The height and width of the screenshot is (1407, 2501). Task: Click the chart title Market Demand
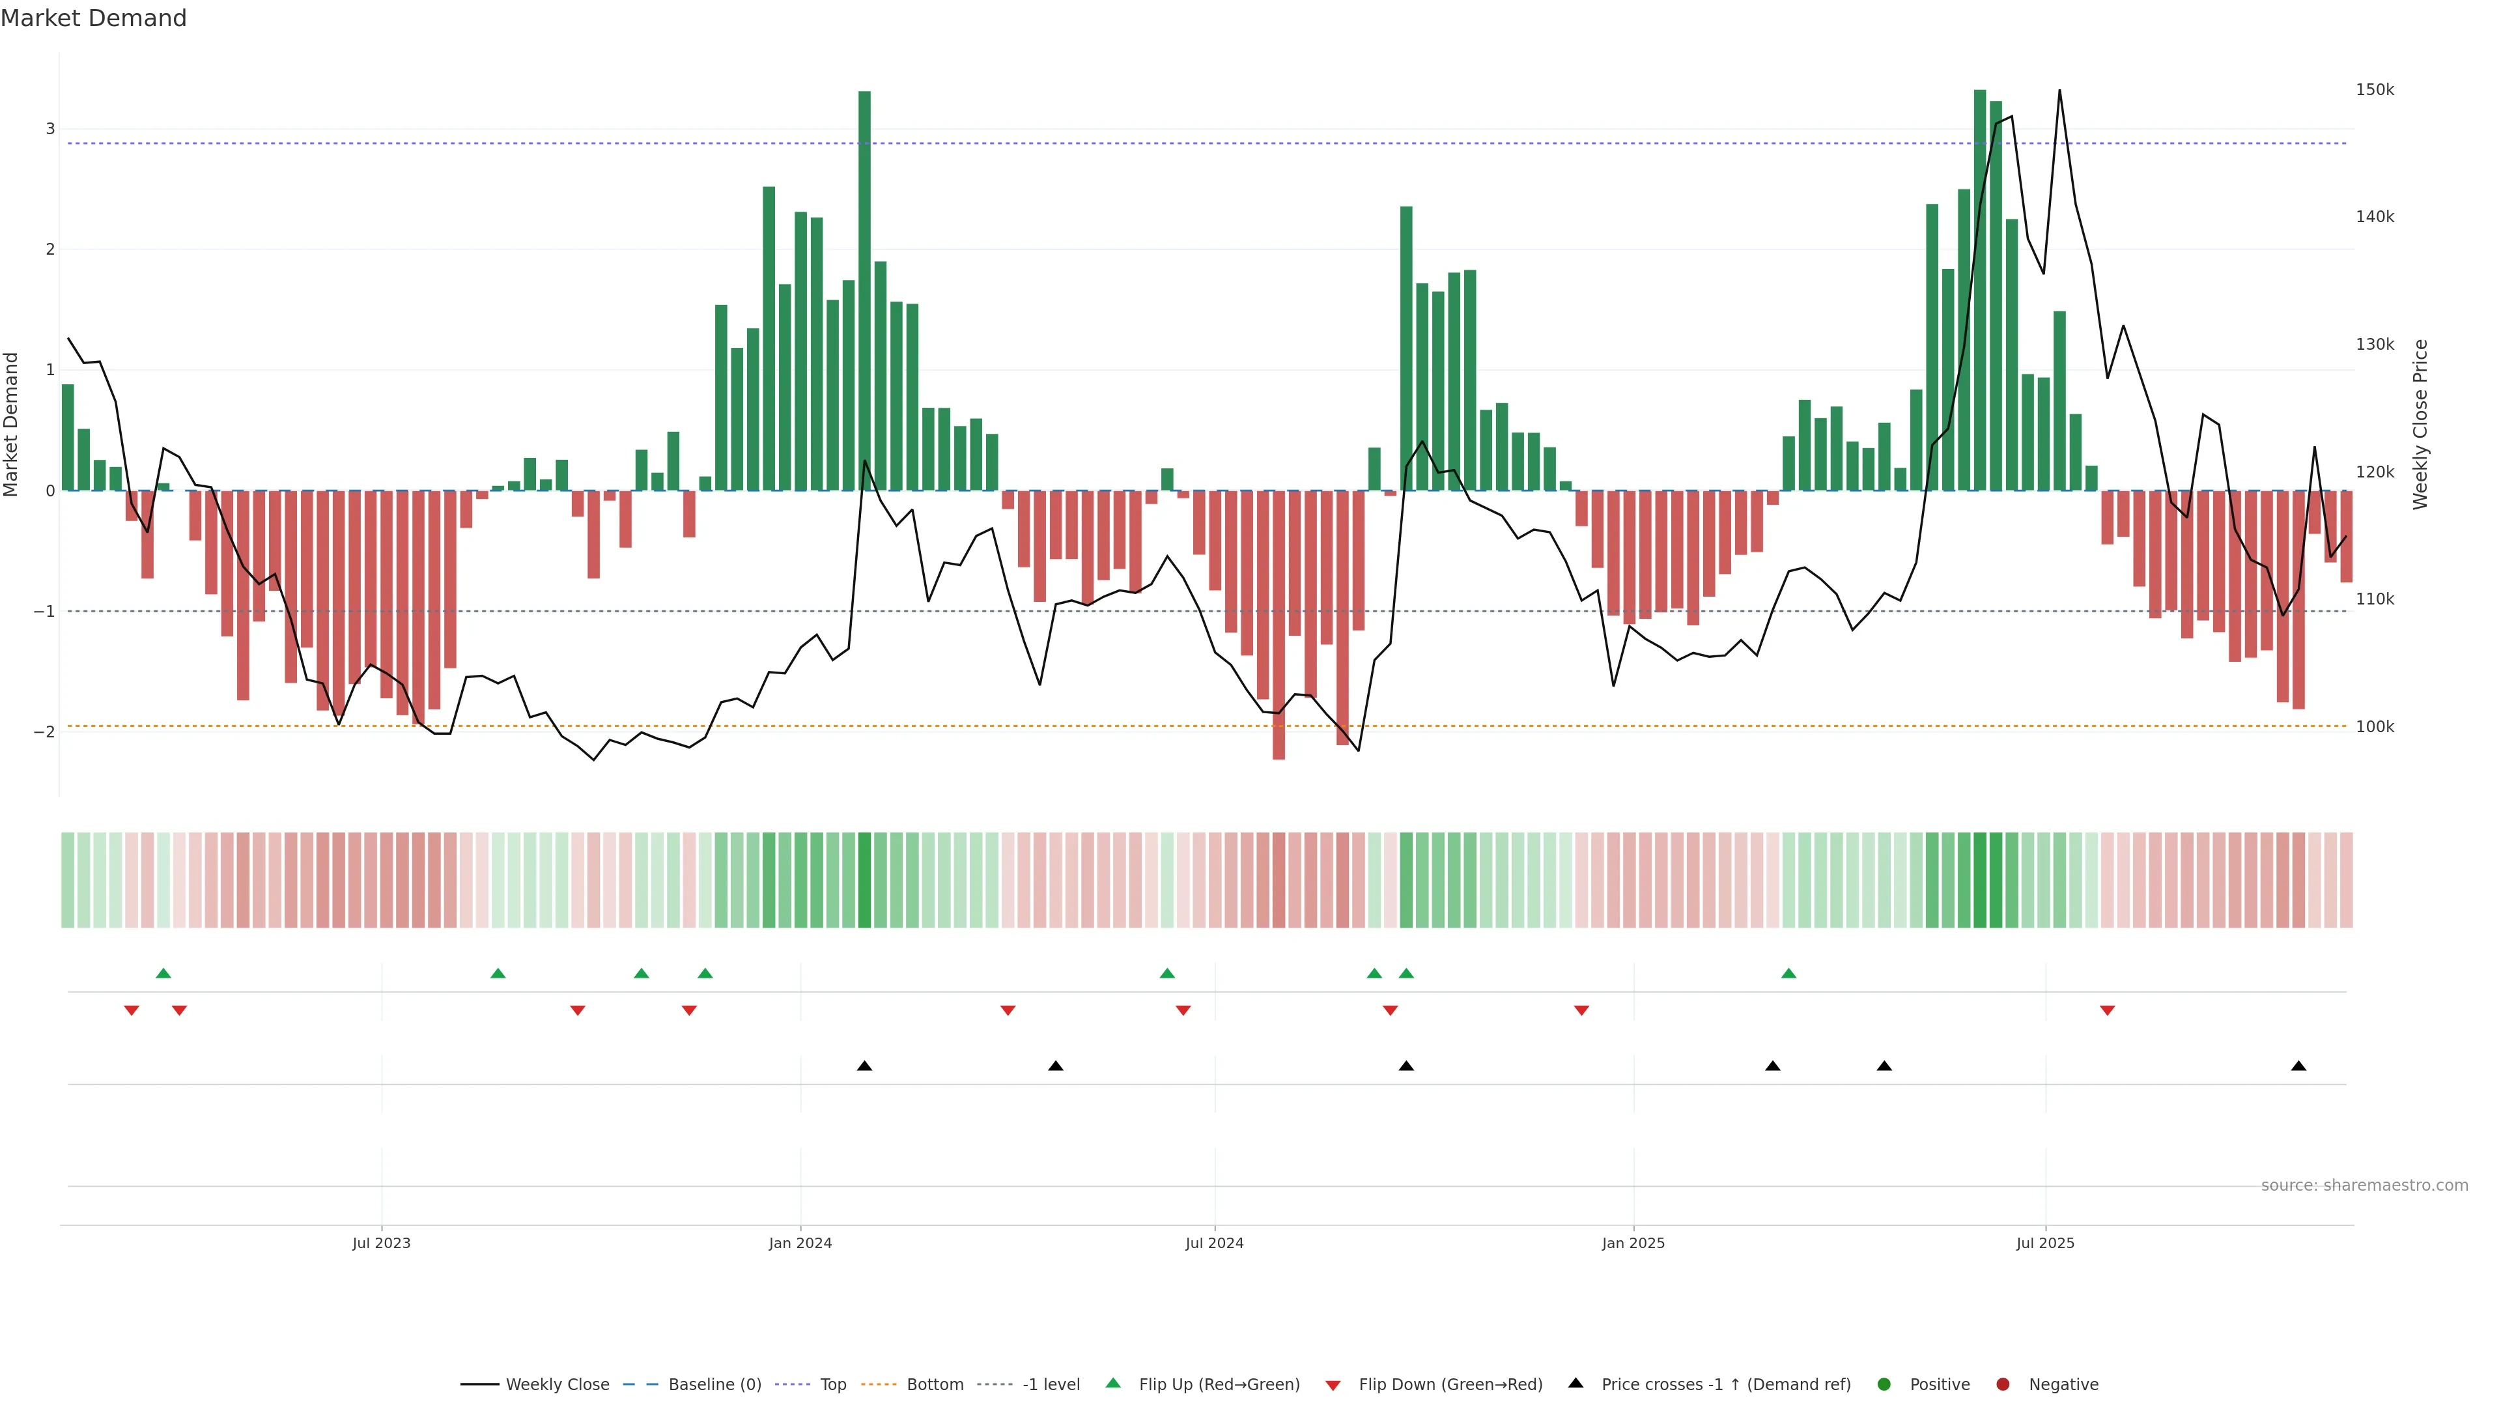pyautogui.click(x=93, y=18)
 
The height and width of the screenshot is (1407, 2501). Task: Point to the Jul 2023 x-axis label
pyautogui.click(x=382, y=1243)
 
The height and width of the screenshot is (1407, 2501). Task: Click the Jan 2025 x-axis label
pyautogui.click(x=1633, y=1243)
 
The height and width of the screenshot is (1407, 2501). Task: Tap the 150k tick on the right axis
pyautogui.click(x=2375, y=89)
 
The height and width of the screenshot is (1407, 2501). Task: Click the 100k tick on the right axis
pyautogui.click(x=2375, y=726)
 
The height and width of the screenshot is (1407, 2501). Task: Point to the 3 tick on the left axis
pyautogui.click(x=51, y=129)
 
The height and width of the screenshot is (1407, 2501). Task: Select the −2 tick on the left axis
pyautogui.click(x=45, y=731)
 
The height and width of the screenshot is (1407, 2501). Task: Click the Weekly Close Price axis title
pyautogui.click(x=2420, y=423)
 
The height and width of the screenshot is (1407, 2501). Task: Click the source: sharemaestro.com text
pyautogui.click(x=2364, y=1186)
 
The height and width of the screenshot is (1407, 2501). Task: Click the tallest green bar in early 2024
pyautogui.click(x=864, y=291)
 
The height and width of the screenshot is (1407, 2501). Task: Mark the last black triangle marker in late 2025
pyautogui.click(x=2298, y=1066)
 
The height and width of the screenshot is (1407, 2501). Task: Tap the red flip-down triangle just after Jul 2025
pyautogui.click(x=2107, y=1011)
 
